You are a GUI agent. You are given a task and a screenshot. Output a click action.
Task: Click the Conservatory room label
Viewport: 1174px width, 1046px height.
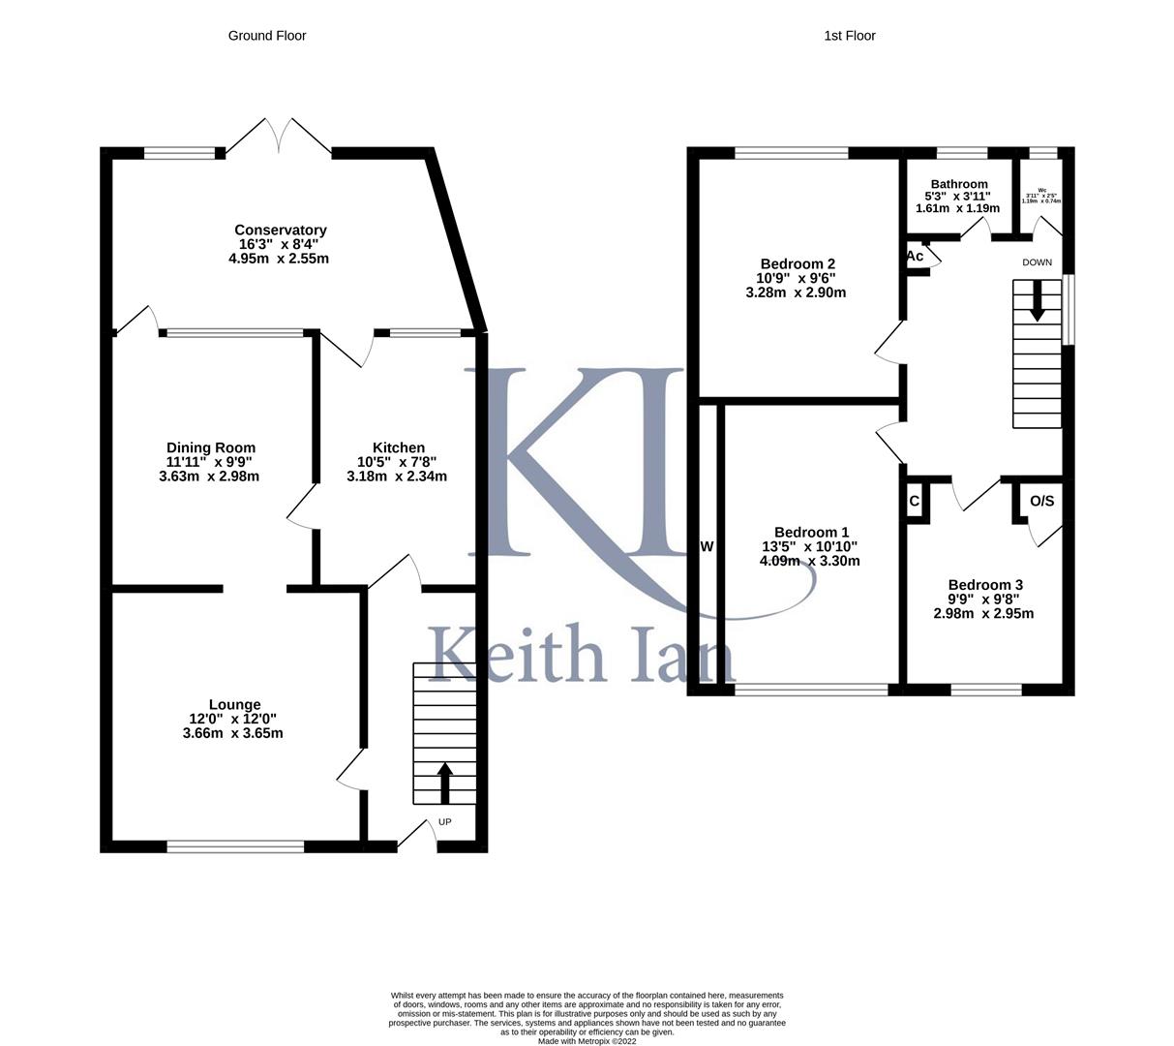point(281,231)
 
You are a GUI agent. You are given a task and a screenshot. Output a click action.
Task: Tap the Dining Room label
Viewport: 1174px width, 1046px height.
point(210,447)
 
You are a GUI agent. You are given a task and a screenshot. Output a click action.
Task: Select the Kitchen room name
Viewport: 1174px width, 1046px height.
point(398,447)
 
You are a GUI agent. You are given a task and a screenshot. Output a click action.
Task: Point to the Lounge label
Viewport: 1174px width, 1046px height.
point(234,705)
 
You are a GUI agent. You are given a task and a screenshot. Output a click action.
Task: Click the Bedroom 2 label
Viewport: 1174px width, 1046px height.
point(798,264)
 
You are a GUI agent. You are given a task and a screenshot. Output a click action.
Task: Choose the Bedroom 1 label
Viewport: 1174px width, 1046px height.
point(811,533)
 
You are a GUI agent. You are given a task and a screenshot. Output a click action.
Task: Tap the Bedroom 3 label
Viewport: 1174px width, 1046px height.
point(984,585)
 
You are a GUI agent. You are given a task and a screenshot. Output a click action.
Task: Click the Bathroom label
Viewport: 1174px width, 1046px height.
point(958,184)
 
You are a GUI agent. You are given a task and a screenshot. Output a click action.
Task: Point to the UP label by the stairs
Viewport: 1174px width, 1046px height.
point(445,822)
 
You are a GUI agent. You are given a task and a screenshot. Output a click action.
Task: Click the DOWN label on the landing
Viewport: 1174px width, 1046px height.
point(1037,262)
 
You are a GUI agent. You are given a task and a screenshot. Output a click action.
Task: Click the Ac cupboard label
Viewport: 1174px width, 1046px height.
point(915,257)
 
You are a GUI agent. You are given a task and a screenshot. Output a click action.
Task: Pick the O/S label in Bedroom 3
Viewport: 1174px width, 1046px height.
point(1041,501)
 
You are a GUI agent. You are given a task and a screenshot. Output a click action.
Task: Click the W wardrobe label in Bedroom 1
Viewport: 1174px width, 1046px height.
point(707,547)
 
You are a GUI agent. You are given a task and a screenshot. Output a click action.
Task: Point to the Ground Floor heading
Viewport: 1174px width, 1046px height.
point(267,36)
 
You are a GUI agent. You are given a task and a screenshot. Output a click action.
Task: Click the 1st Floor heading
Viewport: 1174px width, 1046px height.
point(849,36)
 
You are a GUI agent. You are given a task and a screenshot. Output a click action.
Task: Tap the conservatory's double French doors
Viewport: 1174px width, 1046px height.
point(279,138)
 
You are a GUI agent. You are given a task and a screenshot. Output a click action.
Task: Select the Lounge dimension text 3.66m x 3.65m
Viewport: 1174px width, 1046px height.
point(232,733)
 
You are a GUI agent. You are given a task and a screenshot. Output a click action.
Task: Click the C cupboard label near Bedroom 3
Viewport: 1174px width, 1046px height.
point(914,502)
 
